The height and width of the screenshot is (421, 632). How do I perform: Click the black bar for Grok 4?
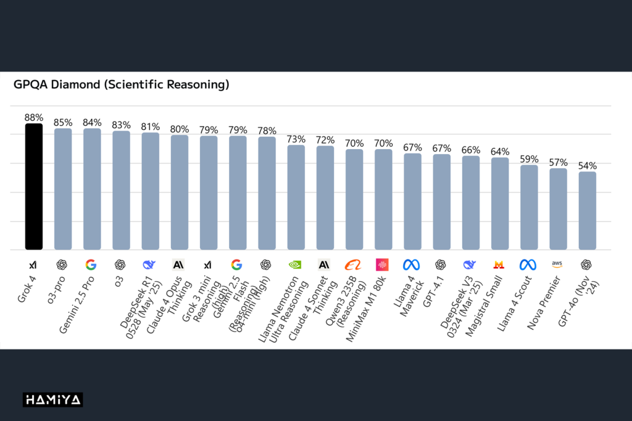[x=33, y=187]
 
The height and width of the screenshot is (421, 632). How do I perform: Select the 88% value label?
[x=33, y=117]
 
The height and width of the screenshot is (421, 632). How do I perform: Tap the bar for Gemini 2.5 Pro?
[x=92, y=189]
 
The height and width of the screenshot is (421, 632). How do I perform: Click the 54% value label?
[x=587, y=165]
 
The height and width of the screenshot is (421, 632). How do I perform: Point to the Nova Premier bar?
[x=558, y=209]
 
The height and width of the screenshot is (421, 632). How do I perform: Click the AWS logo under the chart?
[x=557, y=264]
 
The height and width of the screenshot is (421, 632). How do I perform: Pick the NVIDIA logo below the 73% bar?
[x=296, y=264]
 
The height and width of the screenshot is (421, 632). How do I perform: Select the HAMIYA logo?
[x=53, y=400]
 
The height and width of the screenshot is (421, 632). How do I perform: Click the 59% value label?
[x=529, y=158]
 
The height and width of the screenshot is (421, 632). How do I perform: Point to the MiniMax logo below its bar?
[x=383, y=264]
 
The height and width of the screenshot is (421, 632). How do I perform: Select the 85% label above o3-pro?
[x=63, y=122]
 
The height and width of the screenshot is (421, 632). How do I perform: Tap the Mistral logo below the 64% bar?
[x=499, y=264]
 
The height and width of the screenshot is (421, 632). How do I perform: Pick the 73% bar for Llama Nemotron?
[x=296, y=197]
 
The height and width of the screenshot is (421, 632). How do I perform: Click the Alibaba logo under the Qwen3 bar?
[x=354, y=264]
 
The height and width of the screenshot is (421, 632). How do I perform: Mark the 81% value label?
[x=150, y=126]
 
